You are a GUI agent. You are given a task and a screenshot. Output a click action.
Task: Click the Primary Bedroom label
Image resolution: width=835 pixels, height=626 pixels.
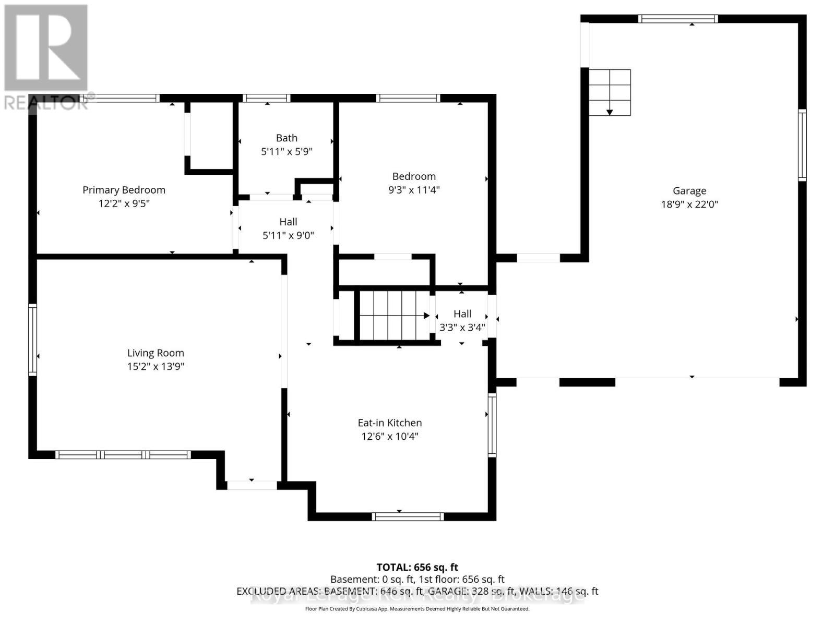tap(124, 190)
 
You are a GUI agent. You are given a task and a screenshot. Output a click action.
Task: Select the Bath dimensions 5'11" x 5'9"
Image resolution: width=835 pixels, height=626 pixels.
tap(287, 152)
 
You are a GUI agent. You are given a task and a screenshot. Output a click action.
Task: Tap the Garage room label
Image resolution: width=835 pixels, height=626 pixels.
tap(689, 191)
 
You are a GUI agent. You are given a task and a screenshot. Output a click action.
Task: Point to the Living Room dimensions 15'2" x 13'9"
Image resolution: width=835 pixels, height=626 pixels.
tap(156, 367)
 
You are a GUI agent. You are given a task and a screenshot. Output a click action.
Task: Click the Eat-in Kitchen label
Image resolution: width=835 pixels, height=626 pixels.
tap(389, 423)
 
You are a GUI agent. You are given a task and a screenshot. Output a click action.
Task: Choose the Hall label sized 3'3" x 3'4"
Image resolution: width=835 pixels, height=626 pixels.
tap(462, 314)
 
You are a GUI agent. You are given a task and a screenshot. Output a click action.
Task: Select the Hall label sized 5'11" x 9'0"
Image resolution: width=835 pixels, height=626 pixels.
tap(288, 222)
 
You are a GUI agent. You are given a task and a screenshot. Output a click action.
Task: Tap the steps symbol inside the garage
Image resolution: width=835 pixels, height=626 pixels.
tap(610, 92)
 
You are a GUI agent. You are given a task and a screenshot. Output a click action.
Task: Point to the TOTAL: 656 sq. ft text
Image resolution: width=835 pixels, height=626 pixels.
tap(417, 567)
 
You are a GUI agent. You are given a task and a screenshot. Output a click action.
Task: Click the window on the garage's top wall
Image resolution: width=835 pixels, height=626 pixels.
tap(678, 19)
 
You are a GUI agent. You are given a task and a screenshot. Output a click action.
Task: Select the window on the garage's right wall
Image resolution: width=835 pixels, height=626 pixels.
tap(802, 146)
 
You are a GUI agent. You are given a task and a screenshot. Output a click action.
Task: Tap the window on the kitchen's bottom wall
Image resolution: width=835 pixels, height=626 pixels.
tap(408, 516)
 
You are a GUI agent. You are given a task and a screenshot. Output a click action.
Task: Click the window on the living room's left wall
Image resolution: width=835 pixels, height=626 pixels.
tap(32, 340)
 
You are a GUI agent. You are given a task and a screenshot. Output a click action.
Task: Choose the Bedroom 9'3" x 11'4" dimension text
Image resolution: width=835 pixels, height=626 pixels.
tap(414, 190)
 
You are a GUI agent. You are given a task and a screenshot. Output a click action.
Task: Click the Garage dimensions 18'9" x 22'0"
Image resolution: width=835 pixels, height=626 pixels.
tap(689, 204)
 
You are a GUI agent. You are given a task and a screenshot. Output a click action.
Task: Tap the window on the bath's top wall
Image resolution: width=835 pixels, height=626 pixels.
tap(266, 98)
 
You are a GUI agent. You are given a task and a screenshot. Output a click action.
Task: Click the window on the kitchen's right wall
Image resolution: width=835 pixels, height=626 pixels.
tap(492, 425)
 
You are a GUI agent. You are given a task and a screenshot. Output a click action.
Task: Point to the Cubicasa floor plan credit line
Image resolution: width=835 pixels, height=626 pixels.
tap(417, 609)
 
